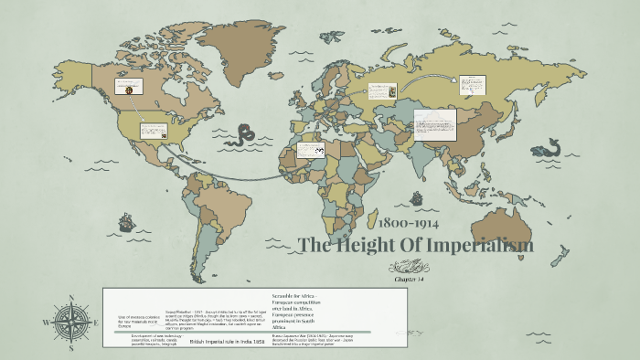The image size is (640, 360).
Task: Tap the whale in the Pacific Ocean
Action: (549, 147)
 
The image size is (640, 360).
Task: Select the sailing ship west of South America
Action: (125, 222)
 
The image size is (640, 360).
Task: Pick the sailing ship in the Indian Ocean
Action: (416, 197)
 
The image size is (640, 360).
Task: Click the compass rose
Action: (71, 323)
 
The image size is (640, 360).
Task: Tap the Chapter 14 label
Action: (409, 279)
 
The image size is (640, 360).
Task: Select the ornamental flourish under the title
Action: (409, 266)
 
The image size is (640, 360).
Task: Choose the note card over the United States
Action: (152, 129)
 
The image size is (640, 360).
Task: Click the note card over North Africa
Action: (311, 148)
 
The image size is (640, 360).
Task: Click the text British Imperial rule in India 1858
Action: (225, 341)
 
